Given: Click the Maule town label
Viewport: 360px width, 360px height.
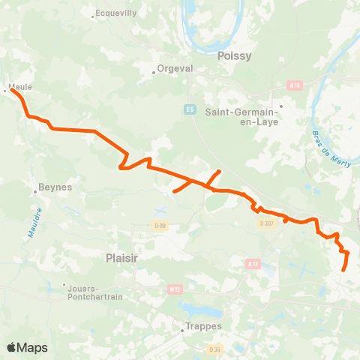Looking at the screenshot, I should click(20, 87).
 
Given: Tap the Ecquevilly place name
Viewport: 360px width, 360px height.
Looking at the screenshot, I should click(115, 13).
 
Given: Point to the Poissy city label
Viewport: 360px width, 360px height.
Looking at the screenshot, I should click(234, 55).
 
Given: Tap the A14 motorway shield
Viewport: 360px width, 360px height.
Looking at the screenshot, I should click(293, 86).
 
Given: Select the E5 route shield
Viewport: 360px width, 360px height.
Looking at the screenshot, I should click(188, 109).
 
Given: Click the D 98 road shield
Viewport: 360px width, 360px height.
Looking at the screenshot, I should click(159, 226).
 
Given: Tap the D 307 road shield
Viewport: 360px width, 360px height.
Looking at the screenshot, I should click(266, 223).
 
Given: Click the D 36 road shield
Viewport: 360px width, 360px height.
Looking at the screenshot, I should click(217, 349).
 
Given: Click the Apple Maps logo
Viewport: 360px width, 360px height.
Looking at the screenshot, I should click(27, 347).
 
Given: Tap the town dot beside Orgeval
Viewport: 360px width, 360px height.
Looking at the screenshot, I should click(153, 72).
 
